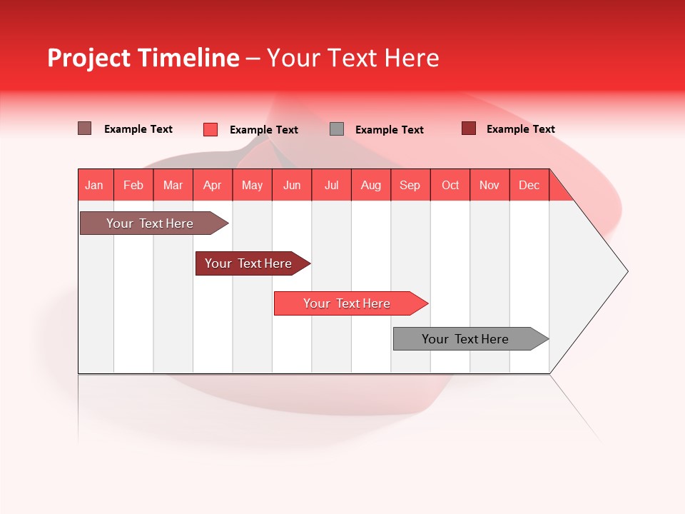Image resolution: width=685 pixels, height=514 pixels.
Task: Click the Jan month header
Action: [94, 186]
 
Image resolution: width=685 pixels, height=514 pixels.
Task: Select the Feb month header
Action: [133, 186]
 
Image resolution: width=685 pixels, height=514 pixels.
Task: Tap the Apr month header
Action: [212, 186]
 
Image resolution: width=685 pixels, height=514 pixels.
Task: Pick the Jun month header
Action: [292, 186]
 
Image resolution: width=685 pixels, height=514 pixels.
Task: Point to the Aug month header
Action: [371, 186]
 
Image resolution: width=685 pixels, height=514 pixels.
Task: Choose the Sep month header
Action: [410, 186]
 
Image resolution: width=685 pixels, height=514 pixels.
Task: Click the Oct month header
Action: [450, 186]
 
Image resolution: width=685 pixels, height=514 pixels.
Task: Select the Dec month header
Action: [529, 186]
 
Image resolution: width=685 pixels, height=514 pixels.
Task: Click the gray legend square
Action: [337, 129]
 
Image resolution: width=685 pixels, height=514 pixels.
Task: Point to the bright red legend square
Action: [210, 129]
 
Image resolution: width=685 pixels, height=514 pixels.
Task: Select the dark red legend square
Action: [468, 128]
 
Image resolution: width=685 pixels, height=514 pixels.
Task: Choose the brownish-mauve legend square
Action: [85, 128]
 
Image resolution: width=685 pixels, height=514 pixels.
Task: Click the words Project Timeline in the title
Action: [143, 58]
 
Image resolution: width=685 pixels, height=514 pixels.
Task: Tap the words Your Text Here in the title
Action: [352, 58]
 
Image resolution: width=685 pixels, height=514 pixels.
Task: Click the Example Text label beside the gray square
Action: [389, 130]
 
